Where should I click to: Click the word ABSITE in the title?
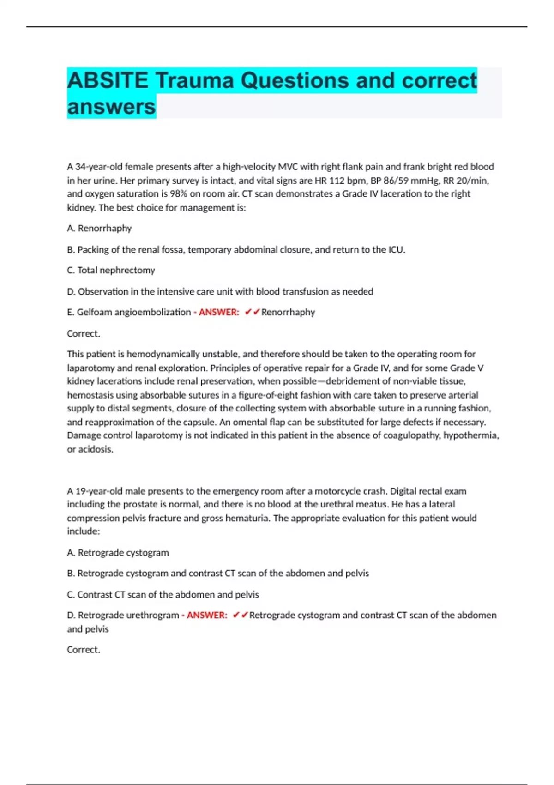pos(108,80)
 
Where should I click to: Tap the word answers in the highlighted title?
pos(111,107)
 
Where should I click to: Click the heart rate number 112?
pos(337,180)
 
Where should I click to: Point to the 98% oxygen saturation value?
pos(178,193)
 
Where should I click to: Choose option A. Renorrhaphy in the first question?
pos(99,228)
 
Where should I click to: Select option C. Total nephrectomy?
pos(111,270)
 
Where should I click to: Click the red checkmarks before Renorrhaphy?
pos(253,312)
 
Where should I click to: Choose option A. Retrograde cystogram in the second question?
pos(118,552)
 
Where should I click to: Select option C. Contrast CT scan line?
pos(163,594)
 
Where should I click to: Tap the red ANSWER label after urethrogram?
pos(207,615)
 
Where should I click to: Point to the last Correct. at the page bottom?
pos(84,650)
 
